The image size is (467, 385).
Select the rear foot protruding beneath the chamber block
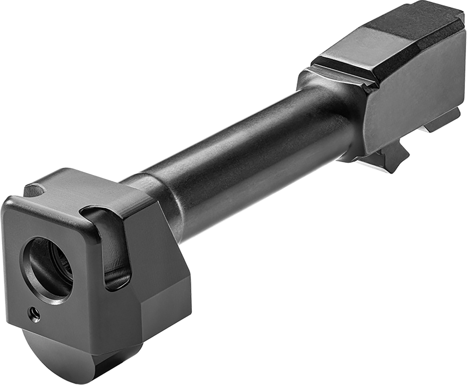442,122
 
